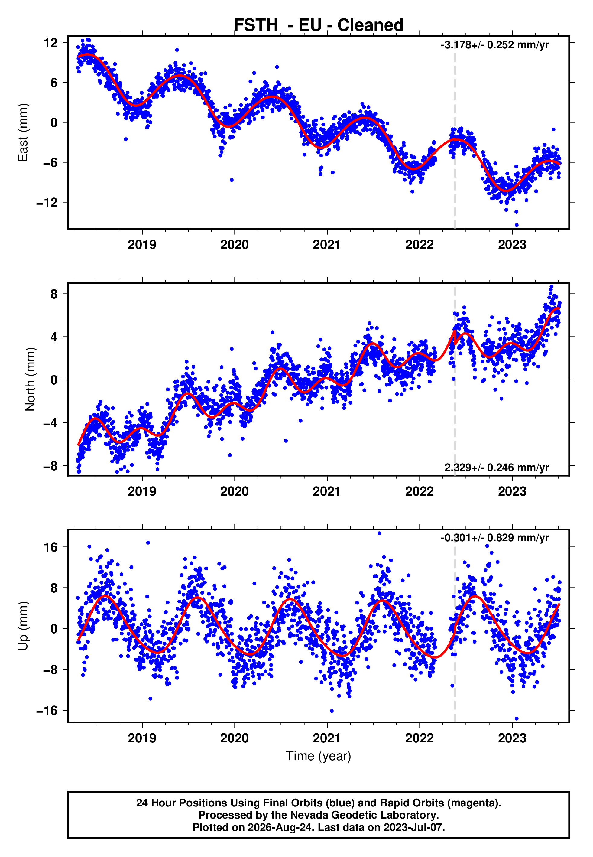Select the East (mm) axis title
point(23,132)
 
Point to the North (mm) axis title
point(30,379)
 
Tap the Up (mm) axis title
point(23,626)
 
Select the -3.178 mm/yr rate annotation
point(495,45)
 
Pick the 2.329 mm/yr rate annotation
point(497,467)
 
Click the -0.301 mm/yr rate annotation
point(495,538)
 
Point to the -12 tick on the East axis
point(47,203)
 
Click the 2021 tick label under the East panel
point(327,245)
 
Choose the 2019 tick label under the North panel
point(142,491)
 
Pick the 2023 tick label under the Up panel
point(512,738)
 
